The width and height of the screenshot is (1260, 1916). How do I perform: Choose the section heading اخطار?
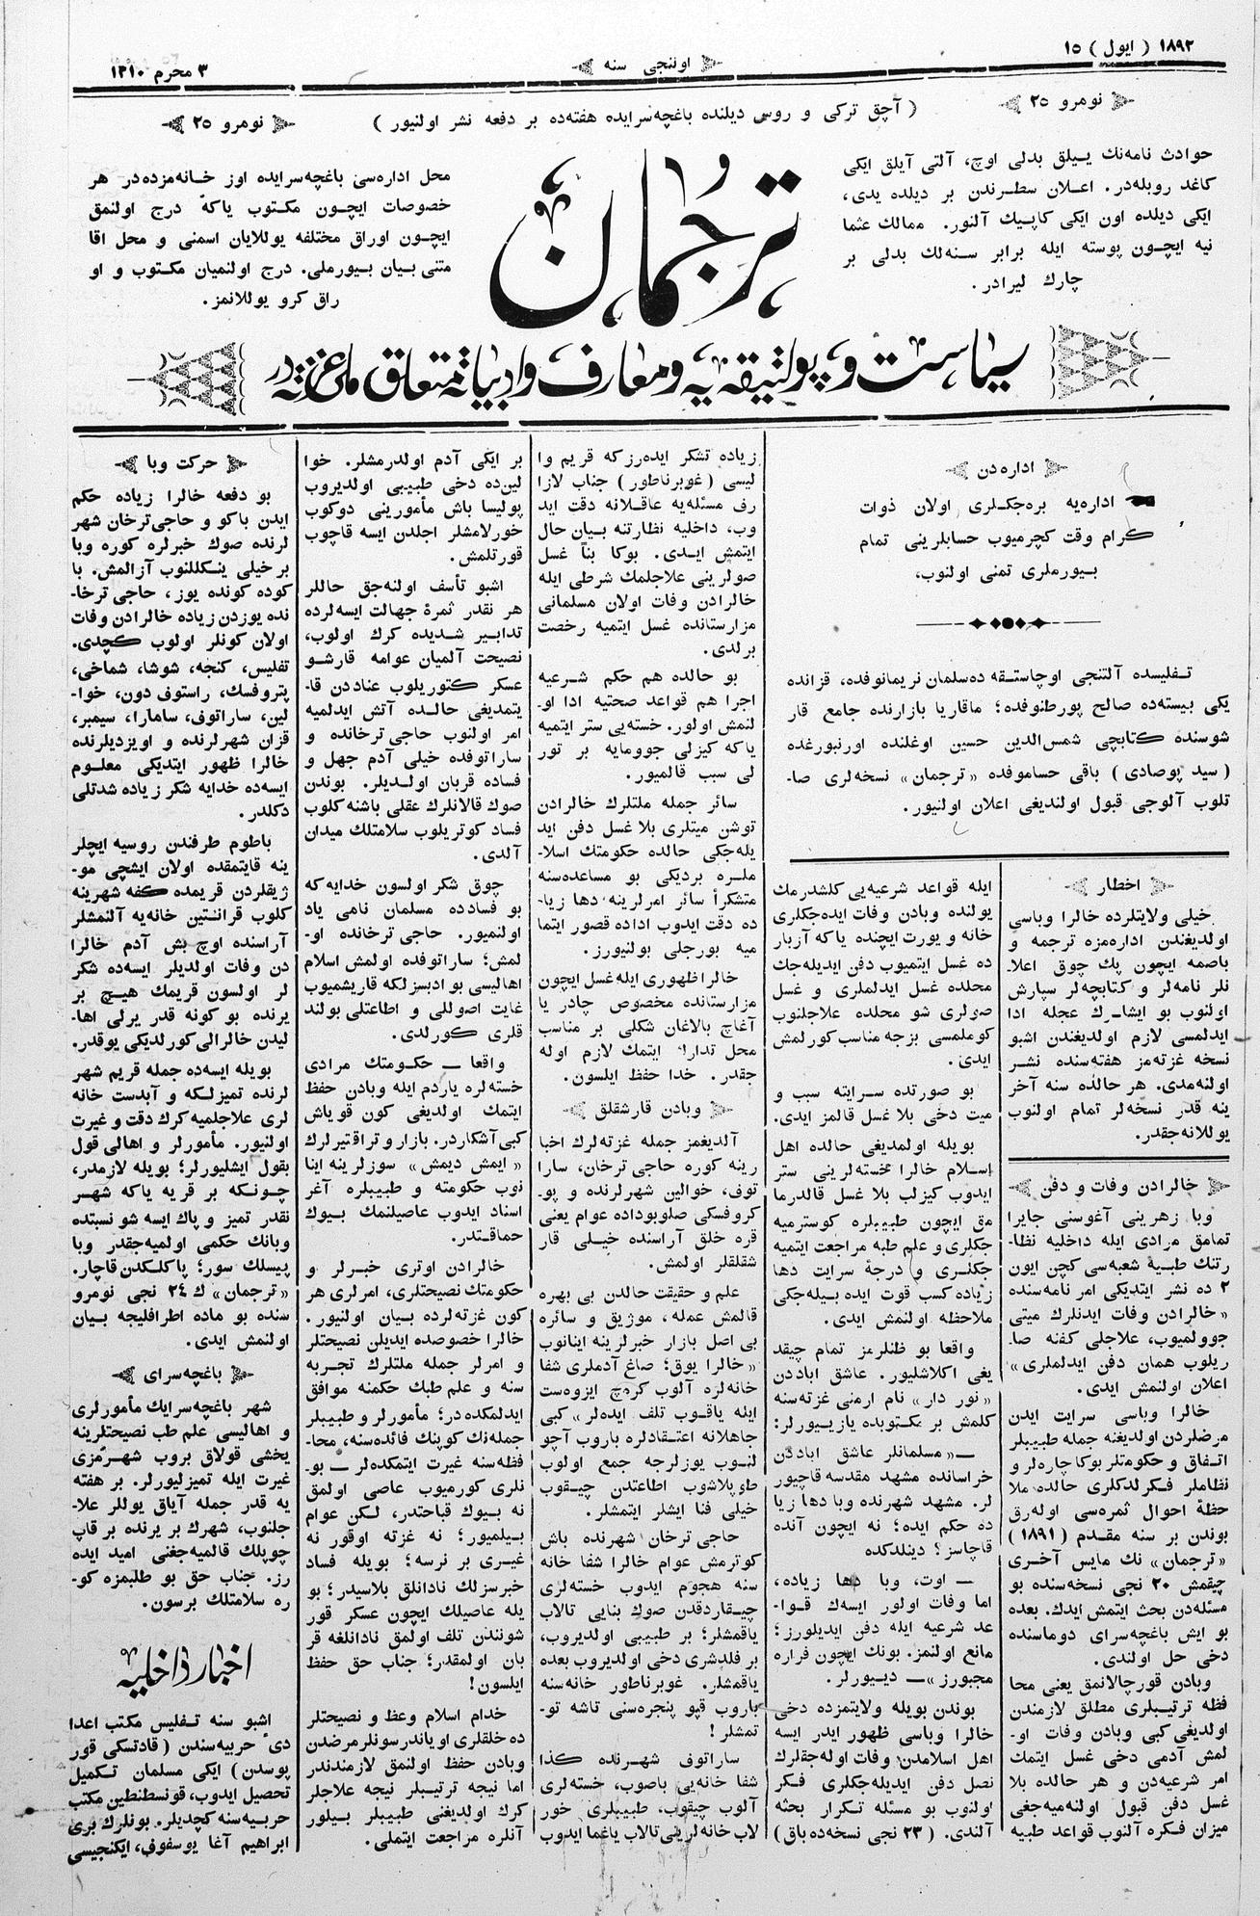coord(1120,882)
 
